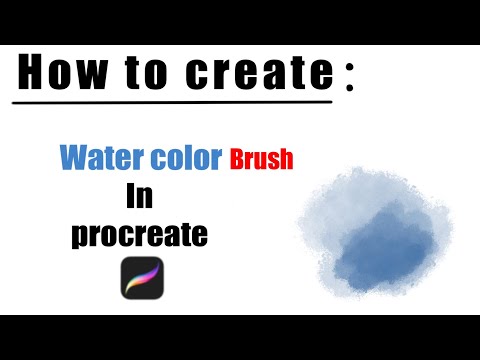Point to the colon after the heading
point(349,82)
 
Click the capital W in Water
point(73,157)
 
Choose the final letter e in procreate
point(199,235)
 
